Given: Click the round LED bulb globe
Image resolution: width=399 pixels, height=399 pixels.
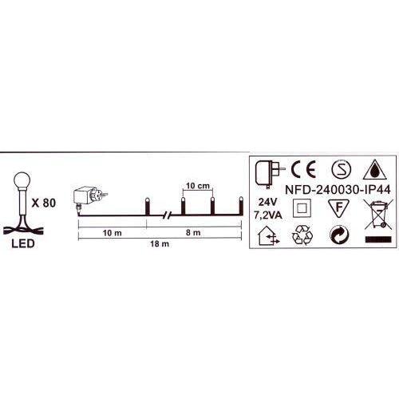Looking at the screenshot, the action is [22, 180].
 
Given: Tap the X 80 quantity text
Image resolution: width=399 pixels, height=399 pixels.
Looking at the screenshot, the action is [44, 203].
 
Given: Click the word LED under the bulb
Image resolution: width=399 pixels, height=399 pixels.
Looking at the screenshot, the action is [23, 243].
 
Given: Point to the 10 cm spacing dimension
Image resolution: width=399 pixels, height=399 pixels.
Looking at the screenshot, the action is [198, 186].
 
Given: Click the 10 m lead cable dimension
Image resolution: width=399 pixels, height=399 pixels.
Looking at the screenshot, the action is [113, 233].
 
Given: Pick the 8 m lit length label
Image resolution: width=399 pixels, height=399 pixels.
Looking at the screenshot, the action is [193, 232].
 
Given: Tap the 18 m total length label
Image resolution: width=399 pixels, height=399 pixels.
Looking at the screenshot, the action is [160, 243].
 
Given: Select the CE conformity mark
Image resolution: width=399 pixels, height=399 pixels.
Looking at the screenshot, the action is [303, 169].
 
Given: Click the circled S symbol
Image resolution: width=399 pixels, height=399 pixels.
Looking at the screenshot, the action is [342, 169].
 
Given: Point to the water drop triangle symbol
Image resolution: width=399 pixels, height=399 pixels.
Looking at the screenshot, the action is [374, 170].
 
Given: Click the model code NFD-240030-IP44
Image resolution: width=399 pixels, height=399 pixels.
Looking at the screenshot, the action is [338, 190].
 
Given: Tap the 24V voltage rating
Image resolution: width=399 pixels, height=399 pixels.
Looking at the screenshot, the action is [268, 203].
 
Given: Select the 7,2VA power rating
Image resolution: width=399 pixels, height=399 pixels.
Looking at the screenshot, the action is [268, 215].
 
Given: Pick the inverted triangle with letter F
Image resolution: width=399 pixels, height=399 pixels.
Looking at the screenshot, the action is [338, 207].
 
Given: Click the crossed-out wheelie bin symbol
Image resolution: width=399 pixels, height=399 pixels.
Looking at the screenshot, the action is [378, 215].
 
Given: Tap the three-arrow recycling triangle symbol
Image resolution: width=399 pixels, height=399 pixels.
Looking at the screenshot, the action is [302, 235].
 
